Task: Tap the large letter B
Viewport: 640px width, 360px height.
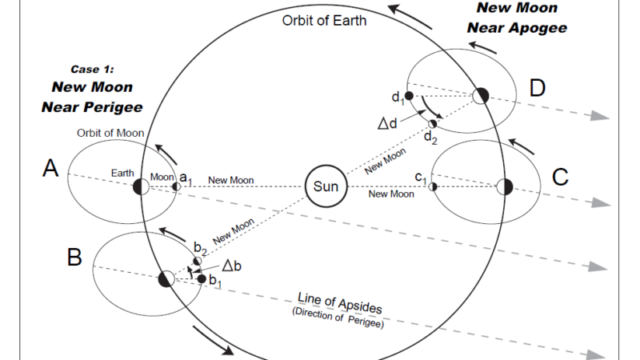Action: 74,258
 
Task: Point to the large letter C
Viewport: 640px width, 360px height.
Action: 560,177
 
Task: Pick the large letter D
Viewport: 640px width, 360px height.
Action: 537,87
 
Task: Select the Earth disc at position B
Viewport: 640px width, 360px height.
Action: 166,279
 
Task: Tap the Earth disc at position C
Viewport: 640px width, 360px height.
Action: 504,186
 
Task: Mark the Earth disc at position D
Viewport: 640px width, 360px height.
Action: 481,96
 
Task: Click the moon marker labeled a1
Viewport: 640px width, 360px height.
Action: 177,186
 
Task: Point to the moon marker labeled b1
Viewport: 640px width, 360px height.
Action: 202,278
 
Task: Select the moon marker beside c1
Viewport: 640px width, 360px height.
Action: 433,186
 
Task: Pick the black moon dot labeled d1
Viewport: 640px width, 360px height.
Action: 409,96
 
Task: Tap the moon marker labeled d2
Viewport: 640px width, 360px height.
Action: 433,123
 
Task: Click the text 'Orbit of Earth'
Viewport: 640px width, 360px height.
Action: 324,20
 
